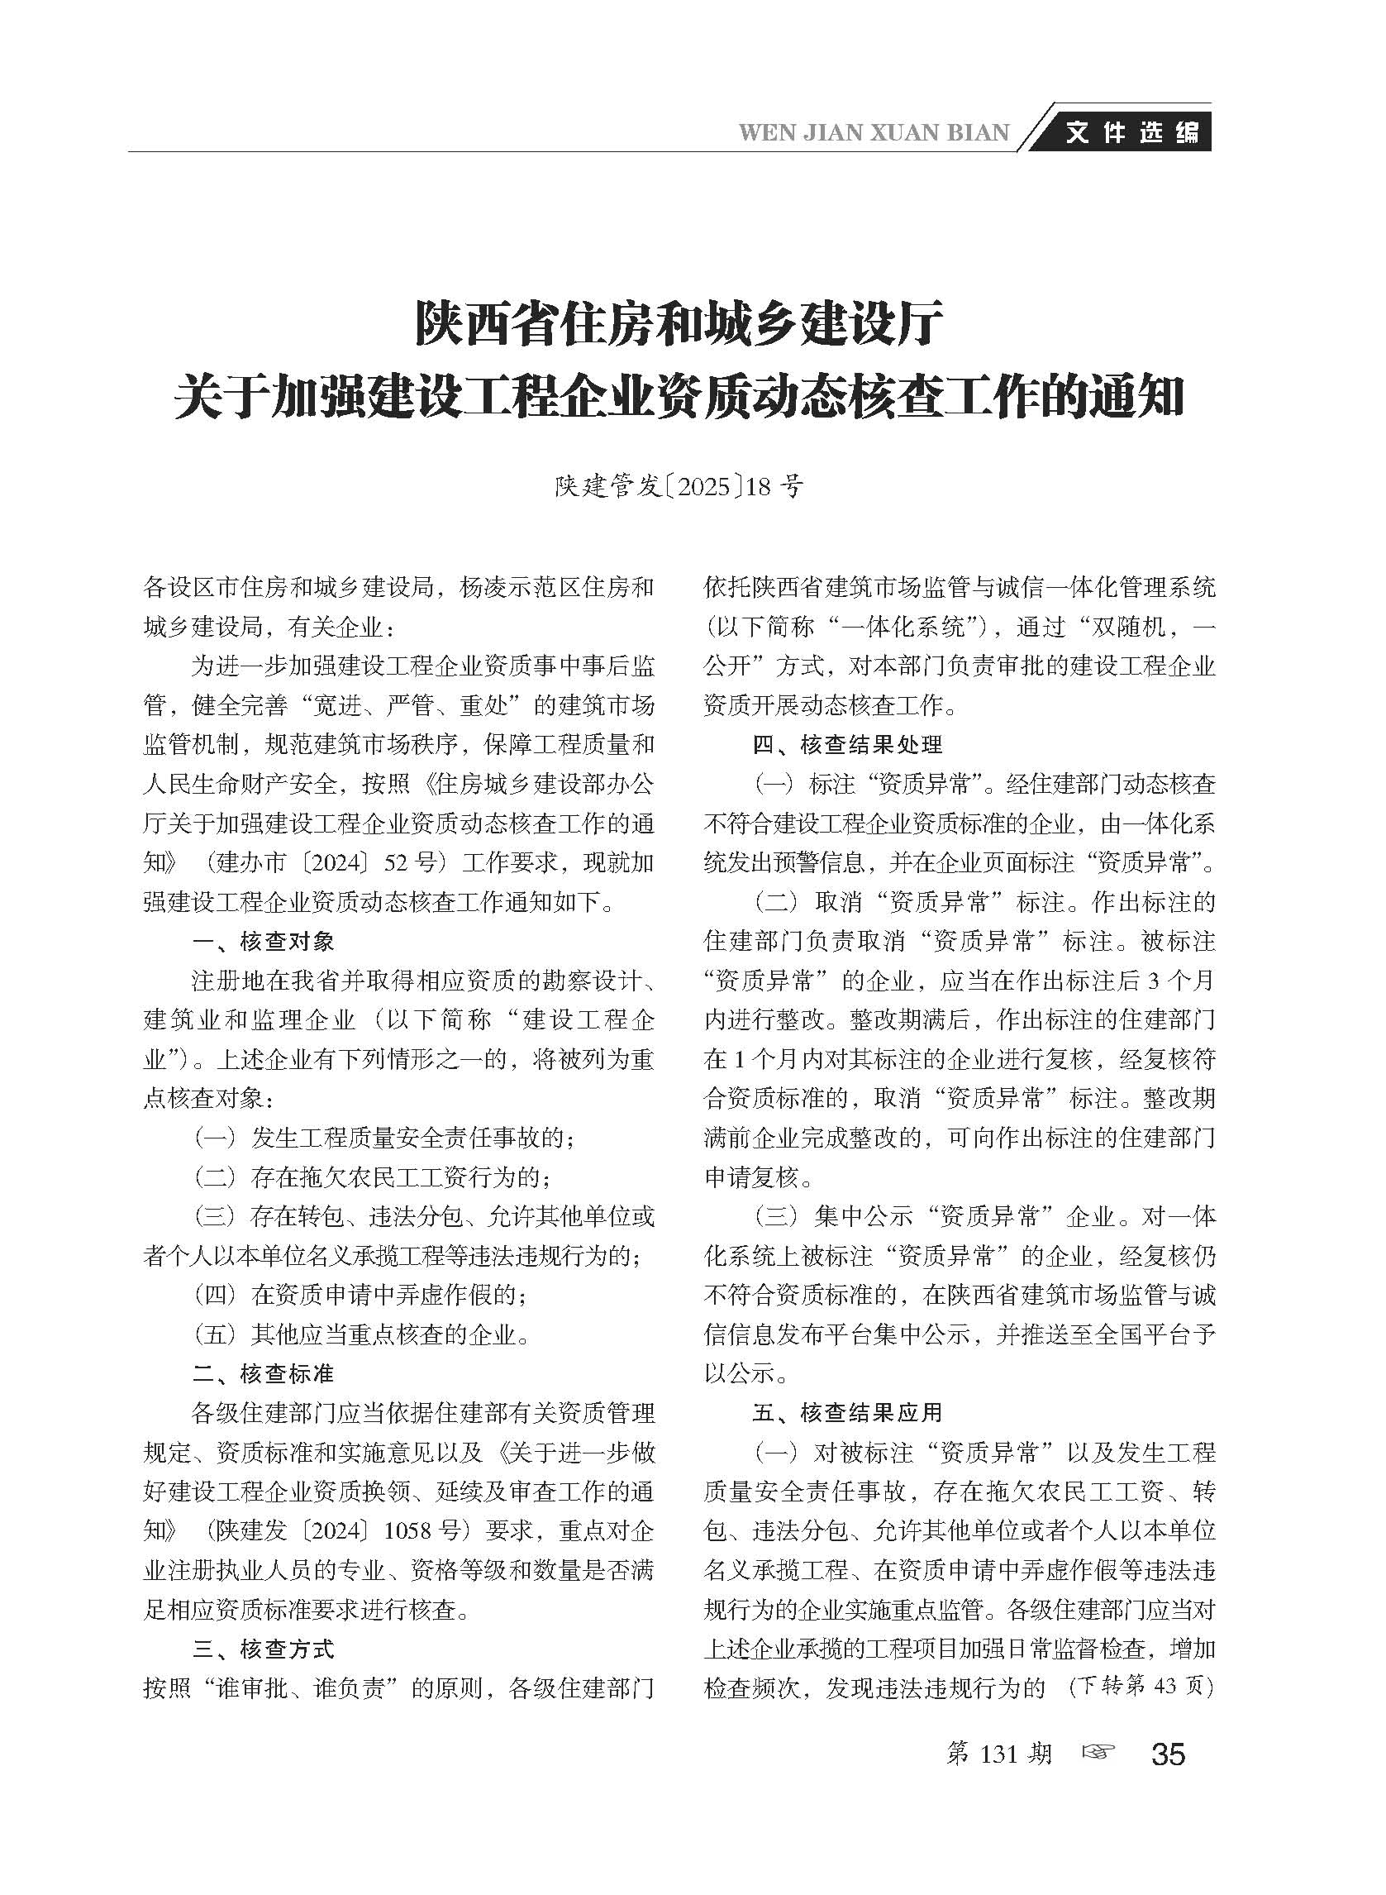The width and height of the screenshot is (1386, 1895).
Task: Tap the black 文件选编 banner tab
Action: (1132, 132)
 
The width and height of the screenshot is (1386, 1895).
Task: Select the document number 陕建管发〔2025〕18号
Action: (679, 487)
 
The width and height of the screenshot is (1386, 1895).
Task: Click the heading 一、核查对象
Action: (264, 942)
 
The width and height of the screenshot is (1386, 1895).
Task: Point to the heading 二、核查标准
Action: (264, 1374)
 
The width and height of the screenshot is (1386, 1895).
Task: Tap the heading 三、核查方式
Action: (264, 1649)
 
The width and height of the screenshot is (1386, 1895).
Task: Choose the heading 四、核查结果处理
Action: (847, 744)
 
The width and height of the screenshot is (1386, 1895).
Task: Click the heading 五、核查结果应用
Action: (847, 1413)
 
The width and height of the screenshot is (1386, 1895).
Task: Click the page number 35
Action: (1169, 1754)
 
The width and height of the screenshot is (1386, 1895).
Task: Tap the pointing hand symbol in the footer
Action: (1099, 1752)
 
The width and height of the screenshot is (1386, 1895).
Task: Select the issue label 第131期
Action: (998, 1754)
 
